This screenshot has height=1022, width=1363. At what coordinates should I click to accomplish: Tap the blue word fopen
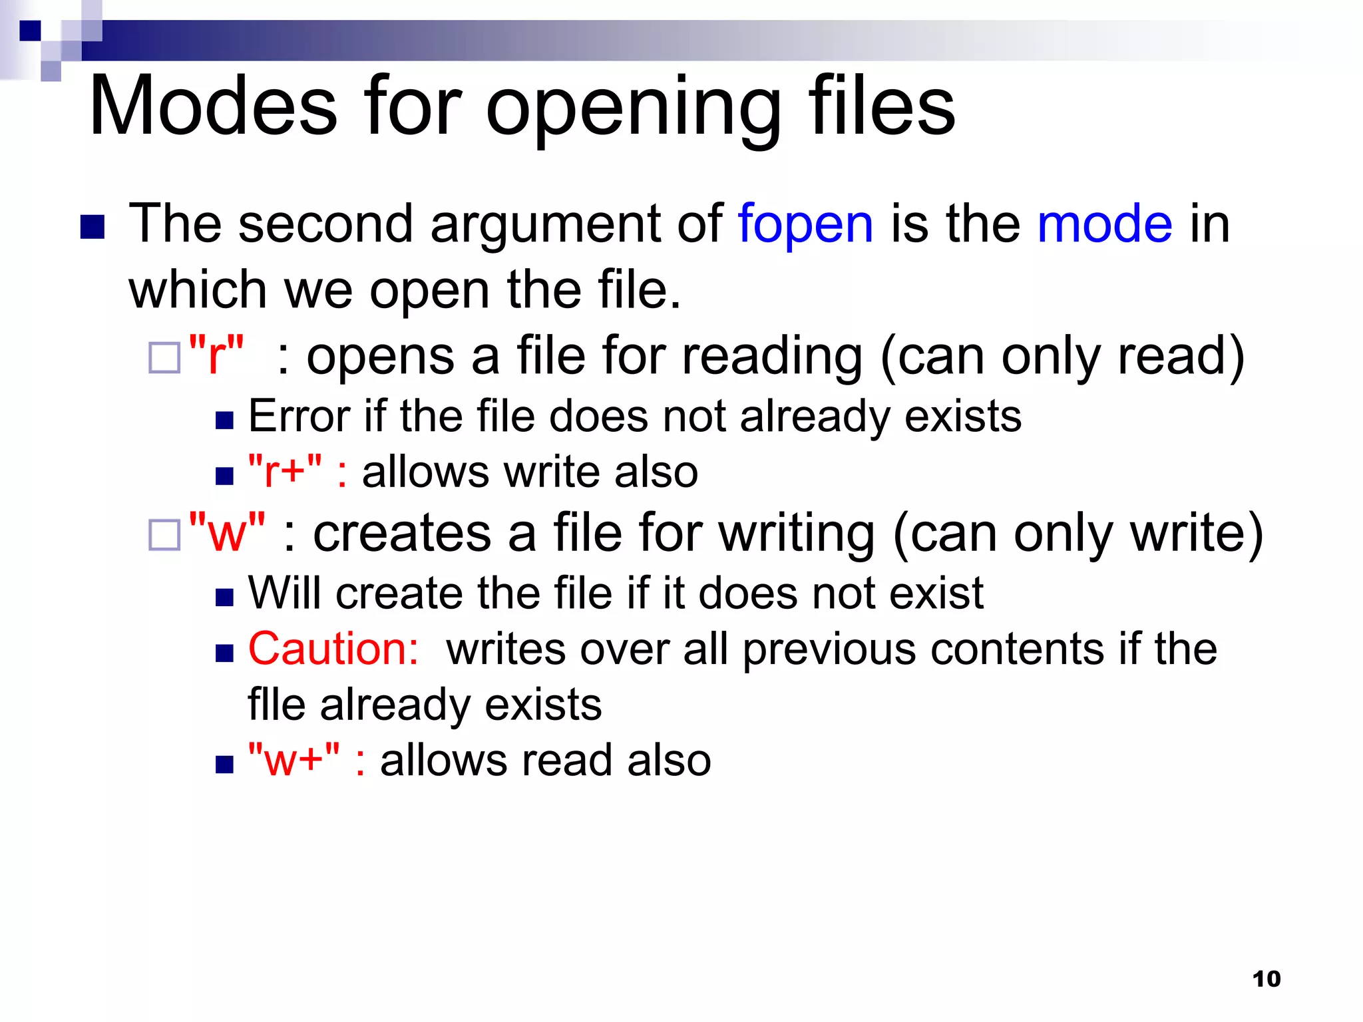805,224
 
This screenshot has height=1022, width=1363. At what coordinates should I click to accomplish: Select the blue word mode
1105,224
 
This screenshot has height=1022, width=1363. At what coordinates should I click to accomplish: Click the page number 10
1266,979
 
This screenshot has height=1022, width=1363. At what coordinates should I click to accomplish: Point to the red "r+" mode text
285,472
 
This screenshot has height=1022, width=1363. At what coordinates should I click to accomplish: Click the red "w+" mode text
293,760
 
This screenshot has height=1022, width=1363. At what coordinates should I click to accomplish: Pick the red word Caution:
333,649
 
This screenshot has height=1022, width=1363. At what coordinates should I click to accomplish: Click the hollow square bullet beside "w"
164,534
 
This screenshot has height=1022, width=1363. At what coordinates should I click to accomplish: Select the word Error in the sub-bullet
297,417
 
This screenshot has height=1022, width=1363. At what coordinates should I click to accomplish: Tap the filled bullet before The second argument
93,227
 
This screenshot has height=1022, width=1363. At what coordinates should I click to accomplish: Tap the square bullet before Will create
225,597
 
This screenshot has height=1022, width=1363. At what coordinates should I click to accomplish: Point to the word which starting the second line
198,290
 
